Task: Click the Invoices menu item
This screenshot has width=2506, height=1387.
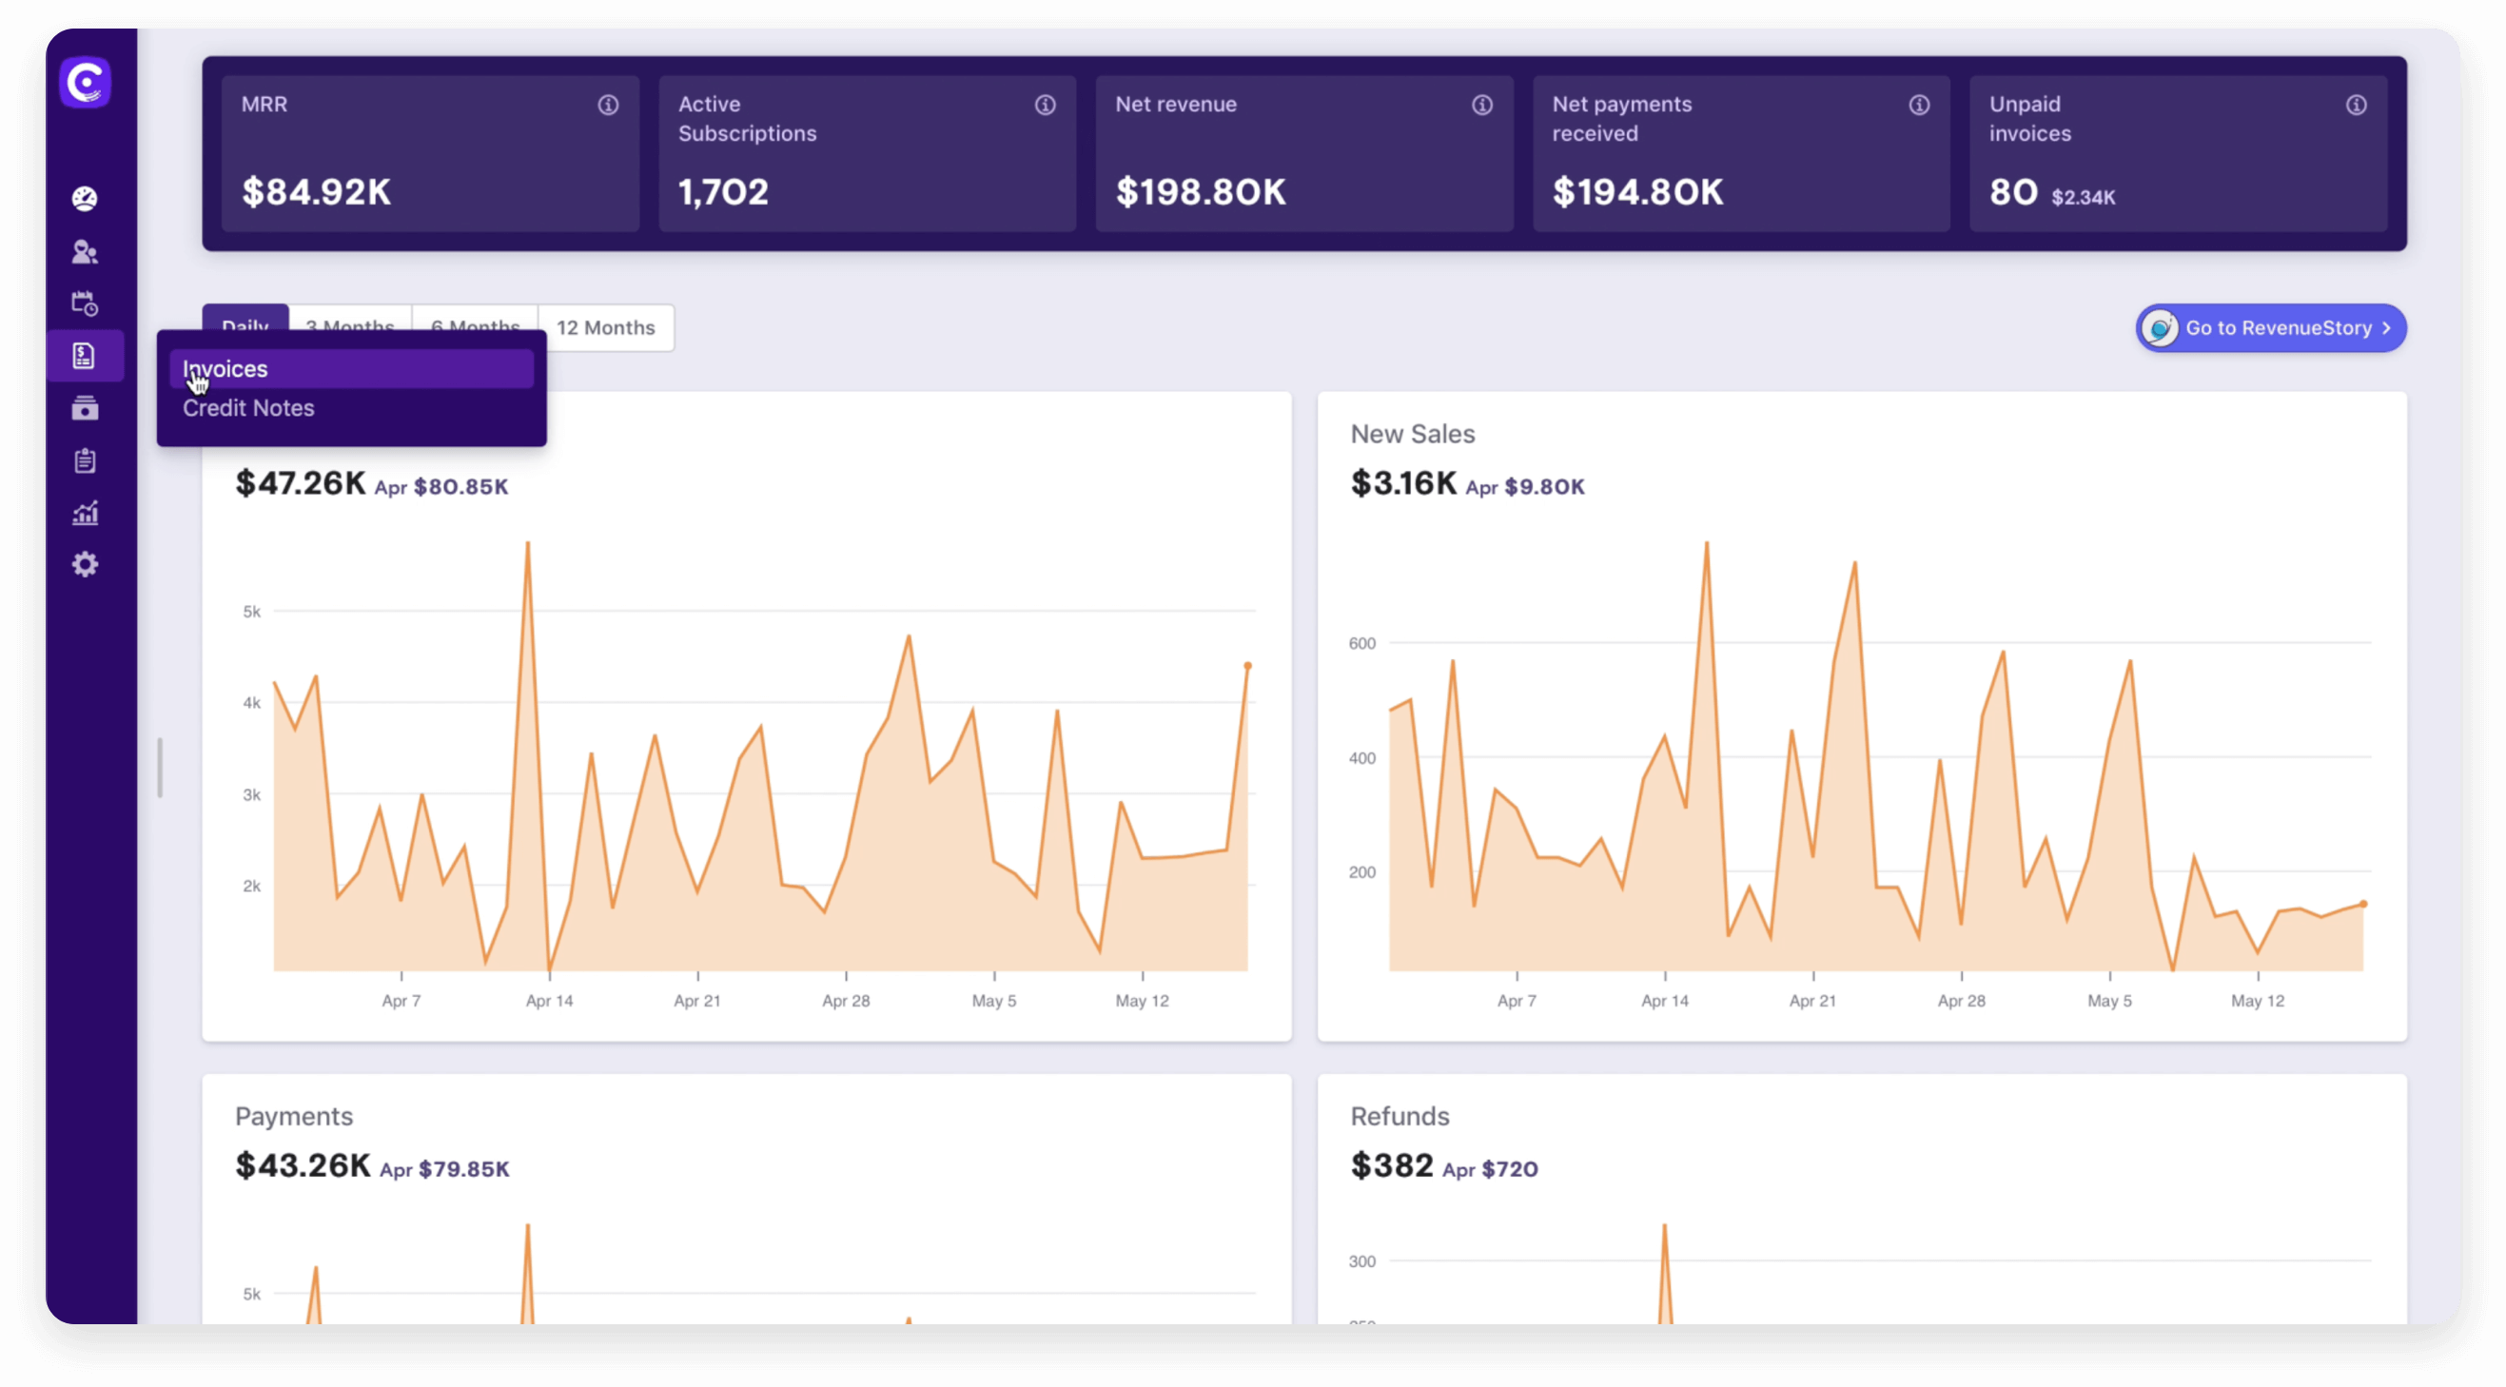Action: [225, 369]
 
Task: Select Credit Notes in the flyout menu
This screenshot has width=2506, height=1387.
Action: [248, 408]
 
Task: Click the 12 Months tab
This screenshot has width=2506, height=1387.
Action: [605, 328]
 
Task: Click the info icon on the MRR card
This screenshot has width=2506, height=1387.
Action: [608, 105]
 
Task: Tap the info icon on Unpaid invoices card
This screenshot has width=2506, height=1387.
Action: [2356, 105]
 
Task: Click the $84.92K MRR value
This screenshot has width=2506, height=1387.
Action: [316, 191]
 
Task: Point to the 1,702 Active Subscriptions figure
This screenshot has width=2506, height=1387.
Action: [723, 191]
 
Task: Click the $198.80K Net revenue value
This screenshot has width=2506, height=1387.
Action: [1201, 191]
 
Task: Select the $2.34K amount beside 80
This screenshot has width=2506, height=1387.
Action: [2083, 198]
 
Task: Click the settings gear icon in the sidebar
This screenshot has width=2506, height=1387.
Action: [86, 565]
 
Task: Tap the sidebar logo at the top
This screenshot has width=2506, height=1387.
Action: [86, 83]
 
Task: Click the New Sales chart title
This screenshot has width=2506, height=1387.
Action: [1413, 434]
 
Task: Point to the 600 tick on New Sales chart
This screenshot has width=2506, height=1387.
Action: [1362, 643]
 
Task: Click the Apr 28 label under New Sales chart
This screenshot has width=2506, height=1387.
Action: [1961, 1001]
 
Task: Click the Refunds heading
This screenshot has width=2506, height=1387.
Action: [1400, 1117]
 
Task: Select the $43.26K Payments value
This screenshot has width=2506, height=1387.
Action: [303, 1165]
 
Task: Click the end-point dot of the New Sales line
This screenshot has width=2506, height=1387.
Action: [2364, 905]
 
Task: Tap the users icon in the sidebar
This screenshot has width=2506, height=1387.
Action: [86, 253]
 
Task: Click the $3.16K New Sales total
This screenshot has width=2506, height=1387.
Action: [1403, 483]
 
